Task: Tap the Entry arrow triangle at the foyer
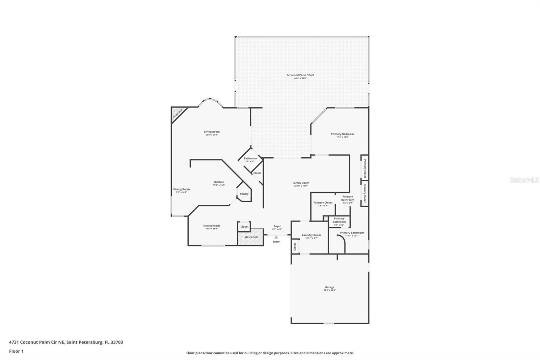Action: coord(276,237)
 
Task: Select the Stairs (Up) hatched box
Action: coord(251,237)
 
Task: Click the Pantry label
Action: coord(244,194)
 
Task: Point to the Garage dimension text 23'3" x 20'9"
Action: coord(330,290)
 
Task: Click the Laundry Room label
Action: coord(311,235)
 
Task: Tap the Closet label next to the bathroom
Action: coord(257,173)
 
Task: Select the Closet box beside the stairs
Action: coord(244,227)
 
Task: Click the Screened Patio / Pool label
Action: coord(300,75)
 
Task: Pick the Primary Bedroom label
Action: coord(342,134)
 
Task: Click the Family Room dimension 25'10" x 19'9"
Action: coord(301,186)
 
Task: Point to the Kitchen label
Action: coord(219,182)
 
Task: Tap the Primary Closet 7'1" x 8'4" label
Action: coord(323,203)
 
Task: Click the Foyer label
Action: coord(277,226)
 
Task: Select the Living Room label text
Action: coord(212,132)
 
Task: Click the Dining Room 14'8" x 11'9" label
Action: coord(212,226)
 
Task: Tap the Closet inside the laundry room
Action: coord(295,246)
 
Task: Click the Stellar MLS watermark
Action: coord(524,180)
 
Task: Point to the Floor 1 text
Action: coord(16,351)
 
